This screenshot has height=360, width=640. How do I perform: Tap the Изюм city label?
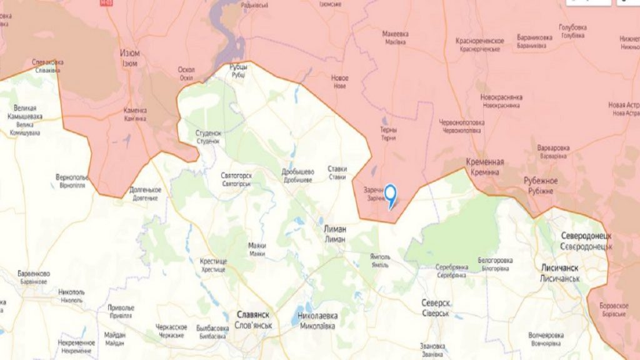coord(130,53)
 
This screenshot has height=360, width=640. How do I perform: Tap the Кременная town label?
coord(485,162)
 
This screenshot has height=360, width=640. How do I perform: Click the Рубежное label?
coord(541,181)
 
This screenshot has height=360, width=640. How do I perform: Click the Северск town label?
coord(437,303)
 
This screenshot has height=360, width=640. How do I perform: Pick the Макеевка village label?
coord(396,34)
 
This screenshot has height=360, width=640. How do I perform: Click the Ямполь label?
coord(380,256)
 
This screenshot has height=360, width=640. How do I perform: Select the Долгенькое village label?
coord(145,189)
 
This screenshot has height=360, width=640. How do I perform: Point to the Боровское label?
coord(613,306)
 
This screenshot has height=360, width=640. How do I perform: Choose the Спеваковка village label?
coord(47,62)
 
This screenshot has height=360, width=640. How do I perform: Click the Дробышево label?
coord(297,171)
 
